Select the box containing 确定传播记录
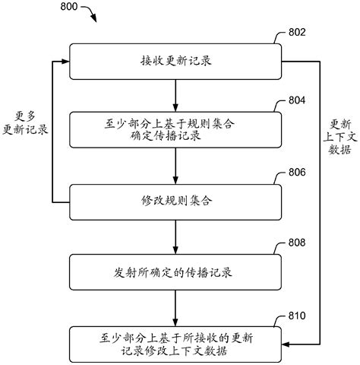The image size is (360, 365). click(175, 129)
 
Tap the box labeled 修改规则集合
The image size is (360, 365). click(175, 201)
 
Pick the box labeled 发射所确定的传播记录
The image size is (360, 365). click(175, 271)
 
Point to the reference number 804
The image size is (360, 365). click(298, 101)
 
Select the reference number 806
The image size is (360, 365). click(298, 173)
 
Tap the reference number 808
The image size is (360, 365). click(298, 243)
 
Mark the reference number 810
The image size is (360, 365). click(298, 315)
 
